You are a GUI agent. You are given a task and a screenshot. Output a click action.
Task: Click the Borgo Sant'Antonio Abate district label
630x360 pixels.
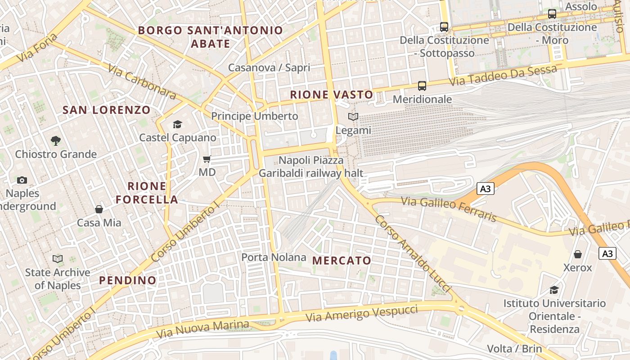(x=211, y=37)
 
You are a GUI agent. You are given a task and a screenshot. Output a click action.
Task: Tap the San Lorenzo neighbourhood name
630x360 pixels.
(x=107, y=110)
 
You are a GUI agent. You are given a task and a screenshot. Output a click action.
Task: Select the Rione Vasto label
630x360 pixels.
(x=332, y=95)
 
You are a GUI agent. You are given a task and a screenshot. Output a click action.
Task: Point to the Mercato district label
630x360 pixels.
(x=342, y=261)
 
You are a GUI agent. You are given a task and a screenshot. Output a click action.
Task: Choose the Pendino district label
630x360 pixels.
(x=128, y=280)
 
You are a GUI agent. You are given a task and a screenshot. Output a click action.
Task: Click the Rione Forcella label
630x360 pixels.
(x=147, y=193)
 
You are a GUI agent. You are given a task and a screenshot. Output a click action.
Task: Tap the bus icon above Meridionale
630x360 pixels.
(x=422, y=85)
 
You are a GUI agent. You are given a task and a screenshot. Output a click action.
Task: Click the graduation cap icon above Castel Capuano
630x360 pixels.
(x=177, y=124)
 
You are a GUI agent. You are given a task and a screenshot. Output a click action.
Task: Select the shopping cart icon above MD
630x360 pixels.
(x=207, y=159)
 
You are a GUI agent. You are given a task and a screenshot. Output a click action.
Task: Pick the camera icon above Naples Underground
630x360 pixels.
(x=22, y=180)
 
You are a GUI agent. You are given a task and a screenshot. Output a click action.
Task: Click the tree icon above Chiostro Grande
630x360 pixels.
(x=55, y=141)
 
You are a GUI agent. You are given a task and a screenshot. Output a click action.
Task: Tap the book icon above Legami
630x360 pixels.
(x=353, y=117)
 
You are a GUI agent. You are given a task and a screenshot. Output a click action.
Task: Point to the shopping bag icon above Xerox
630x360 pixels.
(x=578, y=254)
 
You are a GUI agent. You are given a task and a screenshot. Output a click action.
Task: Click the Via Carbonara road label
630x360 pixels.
(x=142, y=81)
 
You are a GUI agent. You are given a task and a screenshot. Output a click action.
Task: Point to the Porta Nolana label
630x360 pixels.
(x=274, y=257)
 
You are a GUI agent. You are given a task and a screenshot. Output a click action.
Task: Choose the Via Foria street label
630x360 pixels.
(x=38, y=48)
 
